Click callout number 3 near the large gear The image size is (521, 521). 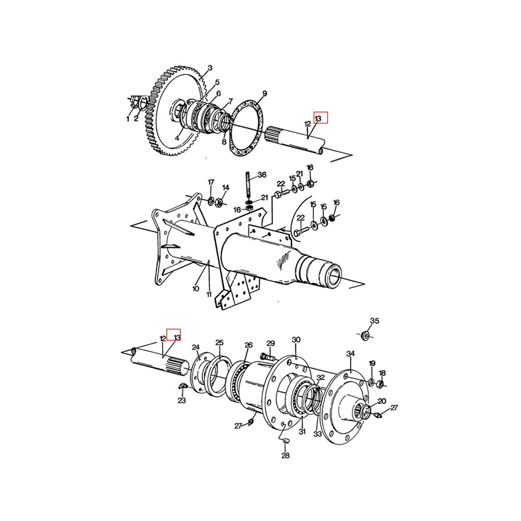point(210,68)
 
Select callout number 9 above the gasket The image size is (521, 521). point(265,94)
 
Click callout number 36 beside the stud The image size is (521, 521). point(262,175)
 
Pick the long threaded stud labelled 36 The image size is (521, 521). point(248,184)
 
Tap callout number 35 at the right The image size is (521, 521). point(375,320)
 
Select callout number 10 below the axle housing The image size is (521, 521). point(196,288)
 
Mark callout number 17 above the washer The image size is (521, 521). point(211,182)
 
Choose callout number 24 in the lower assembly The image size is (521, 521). point(196,348)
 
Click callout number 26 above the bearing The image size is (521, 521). point(249,345)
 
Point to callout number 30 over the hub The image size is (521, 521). point(296,340)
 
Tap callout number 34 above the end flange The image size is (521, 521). point(351,354)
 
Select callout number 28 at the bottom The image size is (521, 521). point(286,456)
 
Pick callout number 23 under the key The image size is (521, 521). point(181,401)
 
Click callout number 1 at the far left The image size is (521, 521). point(127,119)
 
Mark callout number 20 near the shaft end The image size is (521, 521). point(382,401)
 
